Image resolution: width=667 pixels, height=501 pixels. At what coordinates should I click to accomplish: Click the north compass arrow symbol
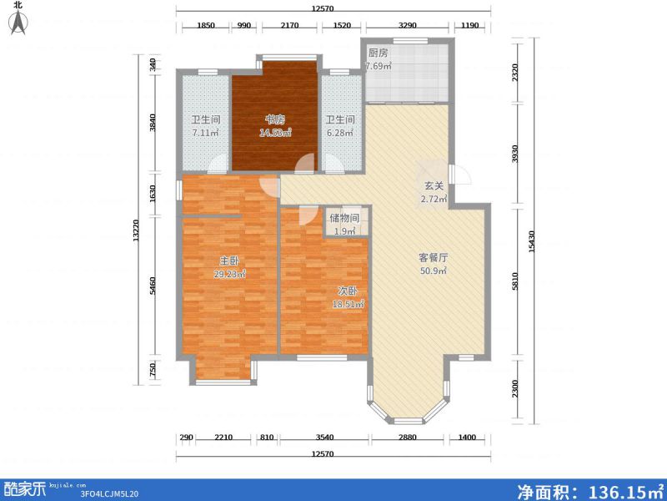(x=18, y=23)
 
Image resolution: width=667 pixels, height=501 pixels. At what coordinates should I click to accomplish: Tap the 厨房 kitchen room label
(x=378, y=52)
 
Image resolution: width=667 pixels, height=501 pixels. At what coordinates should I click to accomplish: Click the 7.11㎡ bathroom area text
(x=205, y=133)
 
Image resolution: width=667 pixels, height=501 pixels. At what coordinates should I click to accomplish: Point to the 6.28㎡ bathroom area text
(x=339, y=133)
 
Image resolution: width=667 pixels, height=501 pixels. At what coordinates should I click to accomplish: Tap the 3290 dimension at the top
(x=407, y=26)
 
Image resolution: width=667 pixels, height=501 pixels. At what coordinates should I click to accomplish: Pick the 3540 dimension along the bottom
(x=324, y=438)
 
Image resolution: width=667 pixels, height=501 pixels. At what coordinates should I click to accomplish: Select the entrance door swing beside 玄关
(x=459, y=175)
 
